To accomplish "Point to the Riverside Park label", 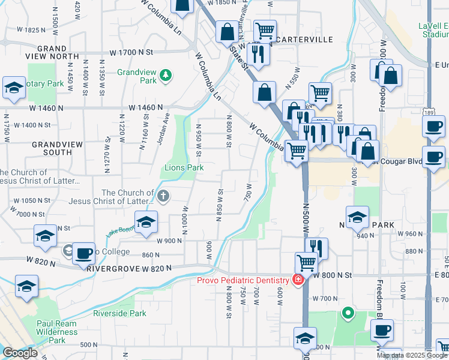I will click(x=119, y=313).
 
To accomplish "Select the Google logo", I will click(x=20, y=353).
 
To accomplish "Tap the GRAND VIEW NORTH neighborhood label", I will click(x=51, y=52).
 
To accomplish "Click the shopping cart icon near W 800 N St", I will click(x=307, y=262).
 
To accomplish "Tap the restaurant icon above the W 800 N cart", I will click(x=316, y=247).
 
